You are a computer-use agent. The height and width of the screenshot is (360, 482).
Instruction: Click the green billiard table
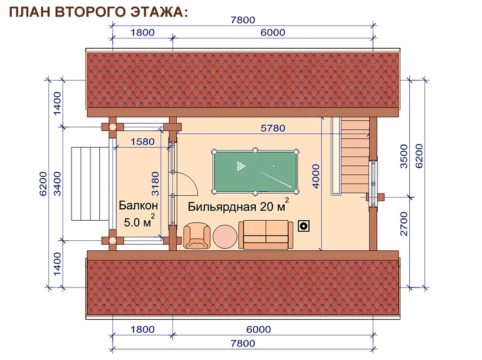pos(255,171)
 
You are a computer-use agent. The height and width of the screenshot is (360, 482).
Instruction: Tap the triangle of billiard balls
pos(241,166)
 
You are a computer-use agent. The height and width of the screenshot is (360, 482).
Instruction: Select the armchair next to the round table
pos(197,235)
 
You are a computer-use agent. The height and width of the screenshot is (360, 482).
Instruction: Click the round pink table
pos(225,237)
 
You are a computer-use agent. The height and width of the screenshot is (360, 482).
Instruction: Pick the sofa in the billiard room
pos(266,235)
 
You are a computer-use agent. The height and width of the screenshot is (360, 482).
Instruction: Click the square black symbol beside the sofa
pos(304,227)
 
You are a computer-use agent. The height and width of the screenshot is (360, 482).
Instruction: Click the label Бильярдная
pos(222,207)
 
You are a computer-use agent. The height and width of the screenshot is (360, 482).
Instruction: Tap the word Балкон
pos(138,205)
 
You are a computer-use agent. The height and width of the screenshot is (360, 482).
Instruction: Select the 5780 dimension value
pos(273,128)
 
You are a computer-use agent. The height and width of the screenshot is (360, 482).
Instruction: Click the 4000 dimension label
pos(315,176)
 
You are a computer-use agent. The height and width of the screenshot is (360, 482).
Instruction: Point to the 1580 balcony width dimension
pos(142,142)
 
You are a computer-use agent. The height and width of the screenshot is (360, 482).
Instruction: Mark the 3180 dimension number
pos(155,184)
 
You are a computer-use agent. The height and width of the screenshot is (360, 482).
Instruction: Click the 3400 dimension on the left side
pos(57,184)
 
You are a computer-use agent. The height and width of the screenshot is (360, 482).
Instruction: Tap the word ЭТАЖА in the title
pos(157,12)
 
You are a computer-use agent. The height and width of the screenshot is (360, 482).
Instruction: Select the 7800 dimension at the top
pos(243,20)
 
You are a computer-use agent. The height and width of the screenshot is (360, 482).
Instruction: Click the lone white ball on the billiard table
pos(273,166)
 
